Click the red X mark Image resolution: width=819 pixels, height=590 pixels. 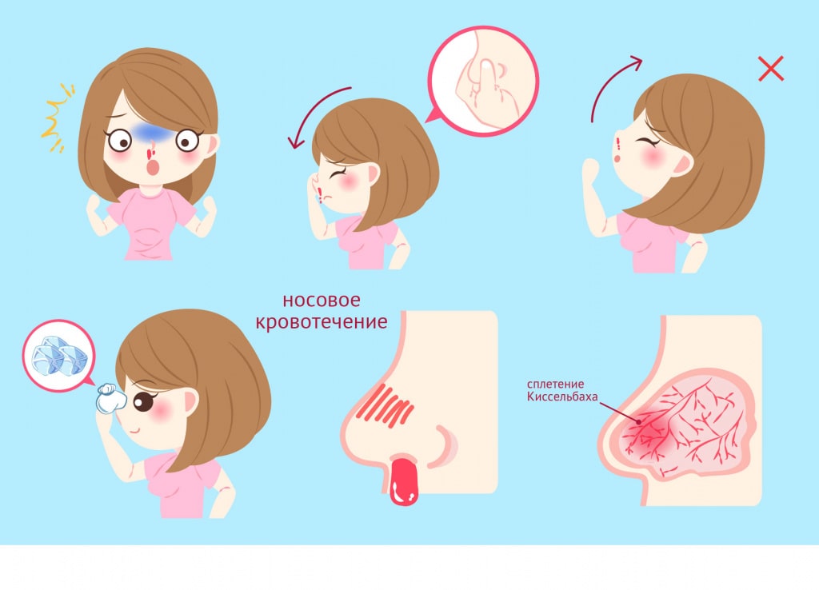click(771, 69)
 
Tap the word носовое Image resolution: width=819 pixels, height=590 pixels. click(322, 301)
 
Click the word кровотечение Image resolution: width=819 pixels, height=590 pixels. click(322, 321)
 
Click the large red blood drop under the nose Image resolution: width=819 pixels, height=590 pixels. click(404, 480)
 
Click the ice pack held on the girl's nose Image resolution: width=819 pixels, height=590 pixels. click(110, 398)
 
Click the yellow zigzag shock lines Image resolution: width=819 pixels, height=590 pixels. click(58, 118)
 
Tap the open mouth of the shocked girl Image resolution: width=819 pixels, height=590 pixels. click(153, 168)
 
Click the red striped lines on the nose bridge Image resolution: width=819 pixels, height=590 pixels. click(386, 405)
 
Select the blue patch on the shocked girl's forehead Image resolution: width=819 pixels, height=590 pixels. click(150, 133)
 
